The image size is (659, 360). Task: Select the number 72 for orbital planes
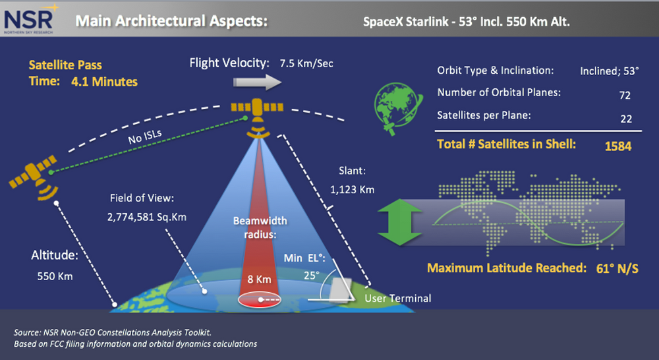625,96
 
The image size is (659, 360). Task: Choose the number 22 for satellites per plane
625,119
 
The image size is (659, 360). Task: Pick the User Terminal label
399,299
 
